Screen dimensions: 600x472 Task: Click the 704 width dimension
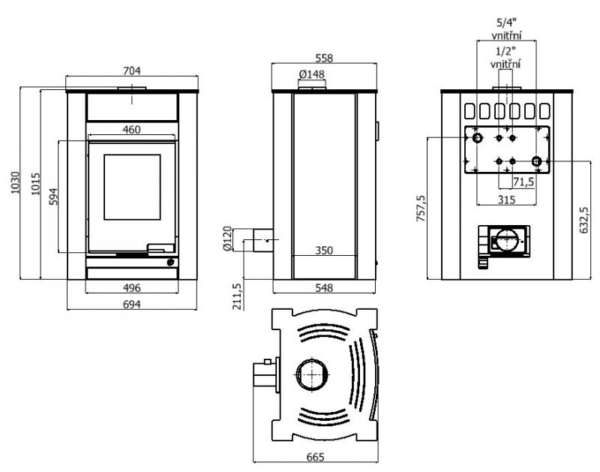(x=132, y=71)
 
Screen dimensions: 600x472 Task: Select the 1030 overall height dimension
(x=15, y=182)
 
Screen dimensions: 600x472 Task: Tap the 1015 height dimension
(x=35, y=184)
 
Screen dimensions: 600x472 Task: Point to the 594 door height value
(x=54, y=197)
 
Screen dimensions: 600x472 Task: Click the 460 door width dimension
(x=131, y=130)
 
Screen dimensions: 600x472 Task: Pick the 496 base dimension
(x=131, y=287)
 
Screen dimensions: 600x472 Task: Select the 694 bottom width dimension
(x=132, y=305)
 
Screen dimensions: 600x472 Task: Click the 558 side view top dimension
(x=324, y=59)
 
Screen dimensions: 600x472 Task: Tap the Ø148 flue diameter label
(x=312, y=74)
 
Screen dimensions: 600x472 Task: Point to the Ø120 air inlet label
(x=227, y=239)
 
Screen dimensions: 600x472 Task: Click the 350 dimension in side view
(x=324, y=251)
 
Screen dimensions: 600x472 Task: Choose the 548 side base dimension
(x=324, y=288)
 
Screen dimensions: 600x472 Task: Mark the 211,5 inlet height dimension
(x=237, y=296)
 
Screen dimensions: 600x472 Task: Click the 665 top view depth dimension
(x=315, y=457)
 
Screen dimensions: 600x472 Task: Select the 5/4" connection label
(x=506, y=23)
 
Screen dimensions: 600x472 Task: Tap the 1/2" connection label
(x=505, y=51)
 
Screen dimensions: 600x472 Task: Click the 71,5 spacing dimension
(x=523, y=182)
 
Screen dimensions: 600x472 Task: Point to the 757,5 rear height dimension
(x=421, y=209)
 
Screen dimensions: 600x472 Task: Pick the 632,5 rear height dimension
(x=584, y=221)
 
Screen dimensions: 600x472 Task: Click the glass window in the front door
(x=132, y=187)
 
